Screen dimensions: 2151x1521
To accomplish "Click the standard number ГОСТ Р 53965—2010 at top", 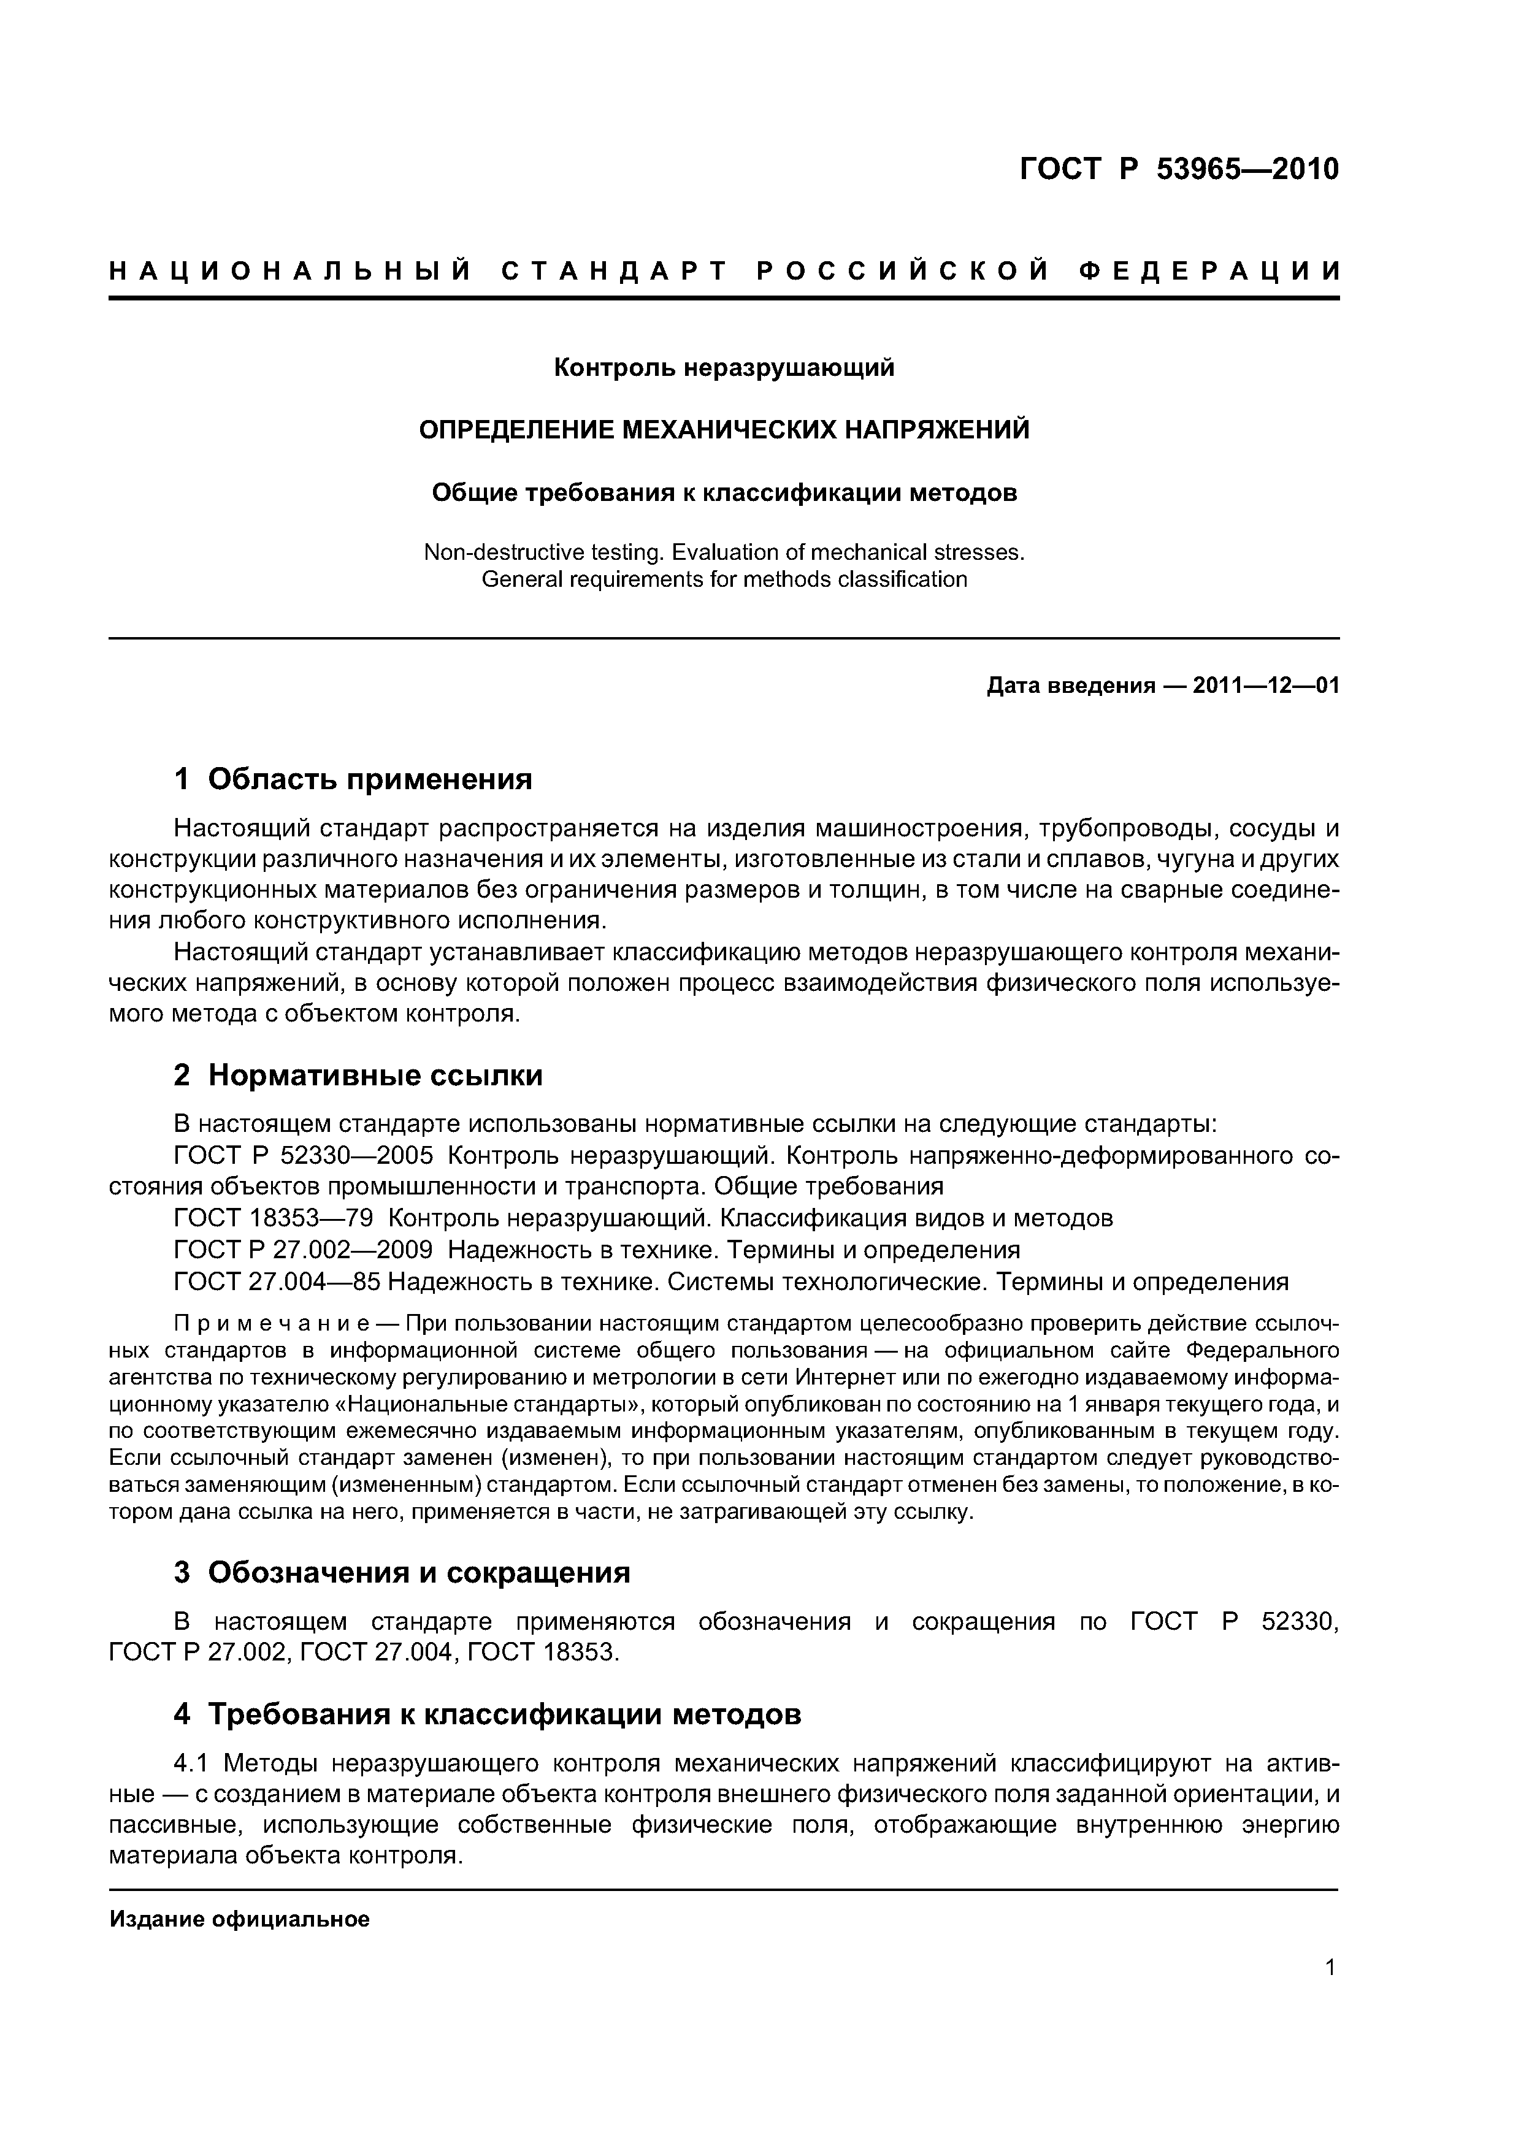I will pyautogui.click(x=1179, y=170).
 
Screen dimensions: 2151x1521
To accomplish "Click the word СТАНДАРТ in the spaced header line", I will pyautogui.click(x=615, y=272).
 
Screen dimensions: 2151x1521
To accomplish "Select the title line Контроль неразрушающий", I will pyautogui.click(x=724, y=368).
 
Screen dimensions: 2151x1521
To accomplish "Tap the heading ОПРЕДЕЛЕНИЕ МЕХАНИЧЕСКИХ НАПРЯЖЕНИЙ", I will pyautogui.click(x=724, y=430).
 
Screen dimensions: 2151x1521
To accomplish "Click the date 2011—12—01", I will pyautogui.click(x=1265, y=686).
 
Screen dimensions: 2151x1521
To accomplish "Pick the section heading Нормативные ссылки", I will pyautogui.click(x=375, y=1074).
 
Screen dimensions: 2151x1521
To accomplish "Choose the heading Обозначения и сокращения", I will pyautogui.click(x=419, y=1572).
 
